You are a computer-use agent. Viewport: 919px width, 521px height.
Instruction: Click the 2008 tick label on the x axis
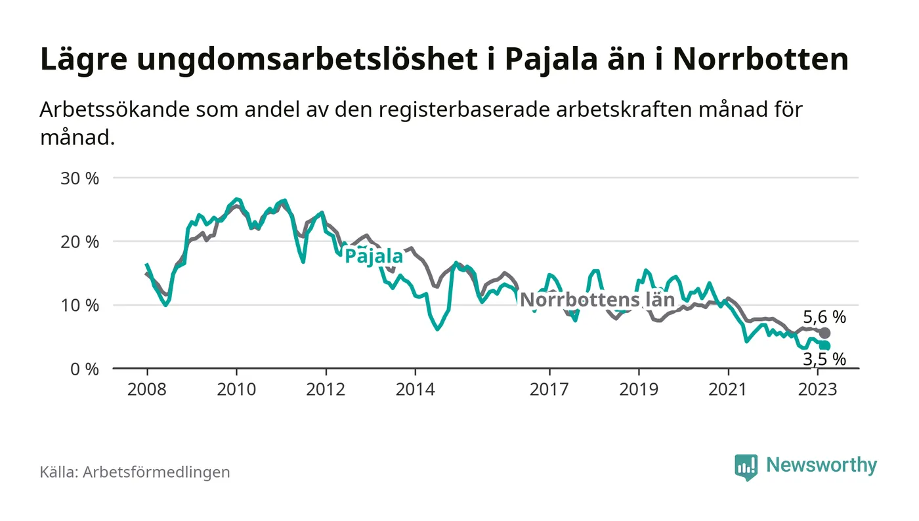pos(146,389)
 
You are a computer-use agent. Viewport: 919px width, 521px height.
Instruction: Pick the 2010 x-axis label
pos(236,389)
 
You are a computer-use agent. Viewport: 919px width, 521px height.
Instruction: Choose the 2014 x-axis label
pos(415,389)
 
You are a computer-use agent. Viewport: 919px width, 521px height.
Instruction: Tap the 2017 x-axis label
pos(549,389)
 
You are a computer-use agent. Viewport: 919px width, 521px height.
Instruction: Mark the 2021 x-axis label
pos(728,389)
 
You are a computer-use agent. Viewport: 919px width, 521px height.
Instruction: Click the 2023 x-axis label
pos(817,389)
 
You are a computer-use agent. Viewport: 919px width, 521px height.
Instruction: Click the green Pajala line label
pos(374,257)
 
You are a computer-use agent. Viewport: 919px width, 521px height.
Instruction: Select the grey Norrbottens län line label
pos(597,301)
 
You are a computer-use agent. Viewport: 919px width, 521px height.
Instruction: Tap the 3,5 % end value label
pos(824,359)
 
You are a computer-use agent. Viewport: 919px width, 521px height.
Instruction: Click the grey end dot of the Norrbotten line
pos(825,333)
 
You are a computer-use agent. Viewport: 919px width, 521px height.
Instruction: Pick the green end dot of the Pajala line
pos(825,346)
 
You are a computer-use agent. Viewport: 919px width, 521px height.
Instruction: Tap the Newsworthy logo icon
pos(746,467)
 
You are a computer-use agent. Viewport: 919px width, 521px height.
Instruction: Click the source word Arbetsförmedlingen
pos(156,472)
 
